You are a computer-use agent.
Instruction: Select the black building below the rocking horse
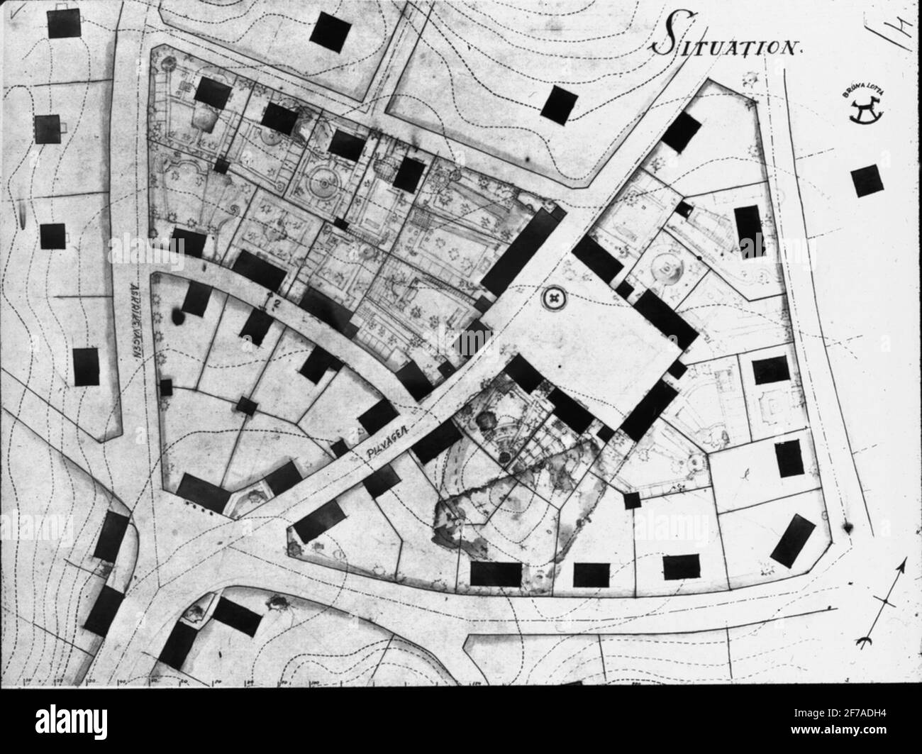tap(868, 181)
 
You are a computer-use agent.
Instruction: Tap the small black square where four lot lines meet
tap(248, 406)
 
